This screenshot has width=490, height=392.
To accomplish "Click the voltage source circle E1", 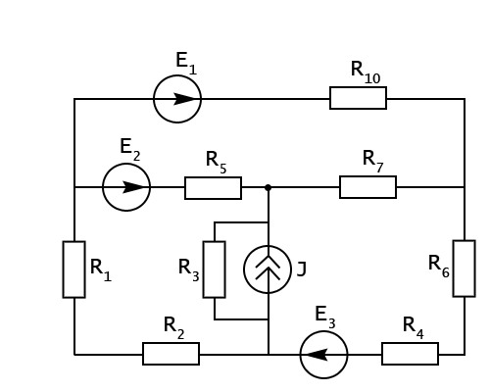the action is click(177, 76).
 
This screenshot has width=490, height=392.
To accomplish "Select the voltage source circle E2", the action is click(126, 165).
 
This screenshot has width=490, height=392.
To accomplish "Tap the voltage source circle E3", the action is click(323, 332).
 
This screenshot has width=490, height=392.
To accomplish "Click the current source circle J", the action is click(268, 246).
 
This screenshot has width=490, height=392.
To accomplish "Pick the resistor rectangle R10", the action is click(358, 87).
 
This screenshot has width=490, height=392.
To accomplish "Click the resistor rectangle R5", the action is click(213, 178).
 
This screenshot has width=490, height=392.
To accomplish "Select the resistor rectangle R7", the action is click(367, 177).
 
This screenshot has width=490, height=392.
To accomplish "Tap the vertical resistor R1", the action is click(64, 269).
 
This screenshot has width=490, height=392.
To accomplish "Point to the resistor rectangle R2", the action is click(171, 343).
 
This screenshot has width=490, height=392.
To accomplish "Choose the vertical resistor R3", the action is click(204, 269).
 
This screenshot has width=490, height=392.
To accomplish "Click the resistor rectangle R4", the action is click(410, 343).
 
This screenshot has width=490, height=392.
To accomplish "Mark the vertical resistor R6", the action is click(454, 269).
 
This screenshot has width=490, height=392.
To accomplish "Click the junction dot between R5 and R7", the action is click(268, 187).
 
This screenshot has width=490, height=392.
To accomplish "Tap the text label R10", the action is click(366, 73).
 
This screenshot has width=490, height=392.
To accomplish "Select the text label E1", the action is click(186, 64).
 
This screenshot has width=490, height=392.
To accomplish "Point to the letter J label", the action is click(302, 270).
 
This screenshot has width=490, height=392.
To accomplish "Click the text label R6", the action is click(439, 267).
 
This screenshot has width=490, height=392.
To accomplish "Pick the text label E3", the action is click(325, 318).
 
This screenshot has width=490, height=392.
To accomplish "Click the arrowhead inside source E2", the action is click(133, 187).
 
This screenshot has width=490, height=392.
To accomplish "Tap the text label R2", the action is click(173, 328).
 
